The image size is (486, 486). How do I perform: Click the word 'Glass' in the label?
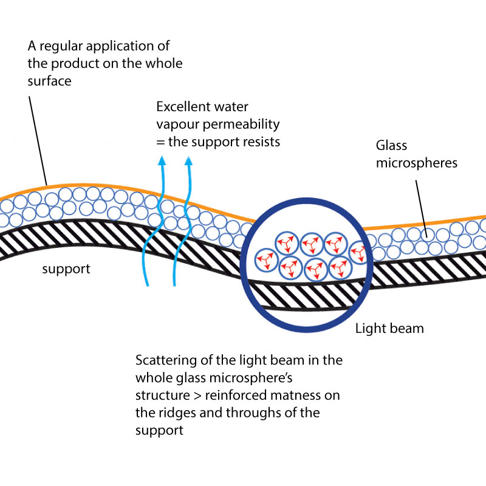[391, 145]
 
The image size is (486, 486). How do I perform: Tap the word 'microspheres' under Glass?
[417, 163]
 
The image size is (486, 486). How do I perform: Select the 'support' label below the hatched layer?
[66, 269]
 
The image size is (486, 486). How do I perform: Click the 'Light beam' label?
[389, 328]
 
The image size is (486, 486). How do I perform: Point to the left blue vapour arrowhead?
[162, 160]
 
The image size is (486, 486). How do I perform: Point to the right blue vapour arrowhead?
[188, 160]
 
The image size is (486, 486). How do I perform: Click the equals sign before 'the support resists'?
[160, 142]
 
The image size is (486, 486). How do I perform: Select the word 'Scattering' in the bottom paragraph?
[166, 360]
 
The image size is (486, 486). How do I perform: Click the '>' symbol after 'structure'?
[197, 396]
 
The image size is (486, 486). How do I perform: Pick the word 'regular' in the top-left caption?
[61, 47]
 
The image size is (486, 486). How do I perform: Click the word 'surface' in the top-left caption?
[50, 81]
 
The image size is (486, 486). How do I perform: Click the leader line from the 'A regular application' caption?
[38, 141]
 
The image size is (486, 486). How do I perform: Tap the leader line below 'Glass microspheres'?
[421, 208]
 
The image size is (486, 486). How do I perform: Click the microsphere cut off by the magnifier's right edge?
[357, 252]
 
